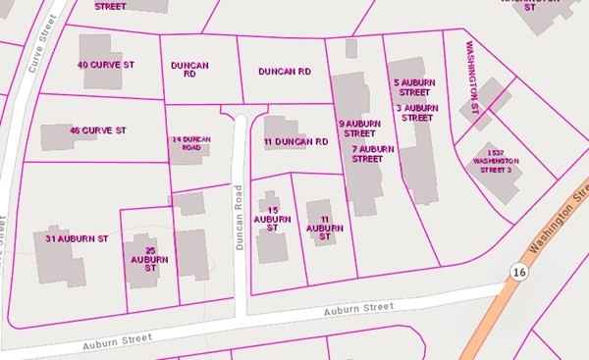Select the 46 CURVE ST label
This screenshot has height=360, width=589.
98,129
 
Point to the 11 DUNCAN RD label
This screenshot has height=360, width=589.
295,142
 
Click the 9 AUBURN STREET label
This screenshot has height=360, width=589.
357,128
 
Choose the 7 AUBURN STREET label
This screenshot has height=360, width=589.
372,153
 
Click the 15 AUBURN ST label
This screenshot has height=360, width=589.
273,218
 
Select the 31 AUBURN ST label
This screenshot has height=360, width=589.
76,238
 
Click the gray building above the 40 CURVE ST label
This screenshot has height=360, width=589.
95,46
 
